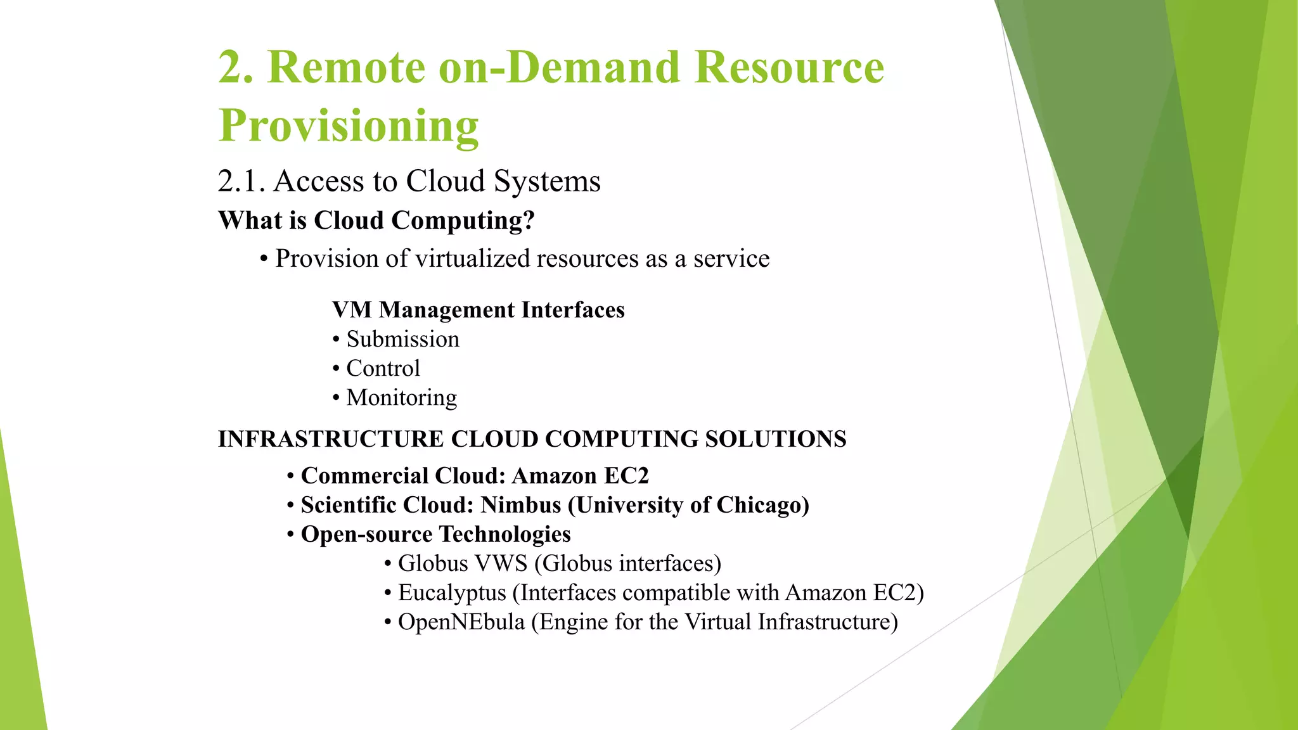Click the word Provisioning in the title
point(349,125)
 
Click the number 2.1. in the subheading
point(241,181)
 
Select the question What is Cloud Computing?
point(376,221)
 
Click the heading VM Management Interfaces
point(479,310)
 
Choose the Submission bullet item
point(402,339)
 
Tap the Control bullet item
point(383,368)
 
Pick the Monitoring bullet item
point(401,397)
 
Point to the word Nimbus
point(521,505)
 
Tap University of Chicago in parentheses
point(690,505)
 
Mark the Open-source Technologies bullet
point(435,534)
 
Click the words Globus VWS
point(463,563)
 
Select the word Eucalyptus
point(452,593)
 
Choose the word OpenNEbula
point(461,622)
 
